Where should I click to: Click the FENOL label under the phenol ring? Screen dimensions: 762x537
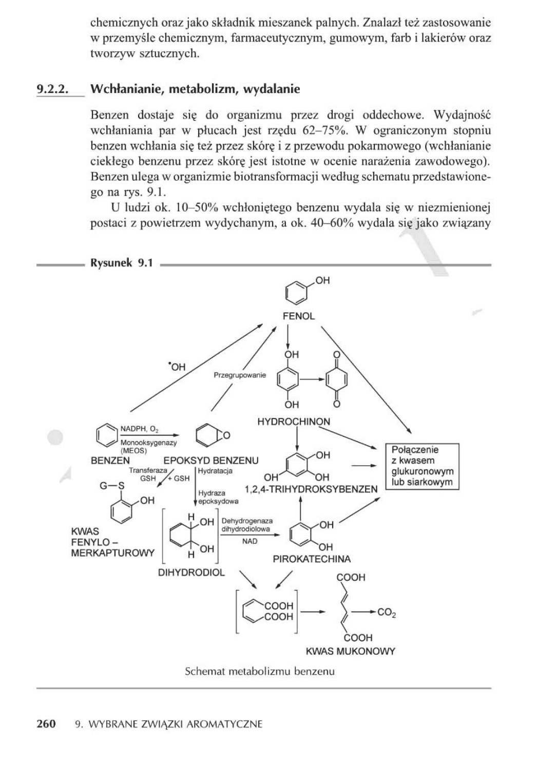[x=298, y=316]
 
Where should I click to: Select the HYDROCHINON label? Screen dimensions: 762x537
[x=293, y=422]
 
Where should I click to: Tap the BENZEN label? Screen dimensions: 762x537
[x=110, y=461]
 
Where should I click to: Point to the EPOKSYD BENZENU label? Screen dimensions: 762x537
[x=210, y=461]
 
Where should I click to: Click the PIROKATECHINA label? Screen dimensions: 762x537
[x=312, y=559]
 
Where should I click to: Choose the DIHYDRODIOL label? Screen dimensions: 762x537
[x=191, y=572]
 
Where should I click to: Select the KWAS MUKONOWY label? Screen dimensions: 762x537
[x=350, y=651]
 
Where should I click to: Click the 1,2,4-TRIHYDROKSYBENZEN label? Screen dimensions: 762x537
[x=311, y=489]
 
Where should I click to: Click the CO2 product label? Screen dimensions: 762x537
[x=387, y=612]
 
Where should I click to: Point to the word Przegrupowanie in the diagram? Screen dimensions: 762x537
[x=240, y=375]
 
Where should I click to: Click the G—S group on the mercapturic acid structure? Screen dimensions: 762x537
[x=112, y=485]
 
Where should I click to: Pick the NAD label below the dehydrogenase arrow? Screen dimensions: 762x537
[x=250, y=541]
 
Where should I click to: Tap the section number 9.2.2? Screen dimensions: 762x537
[x=52, y=89]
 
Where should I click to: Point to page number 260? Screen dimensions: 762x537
[x=46, y=724]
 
